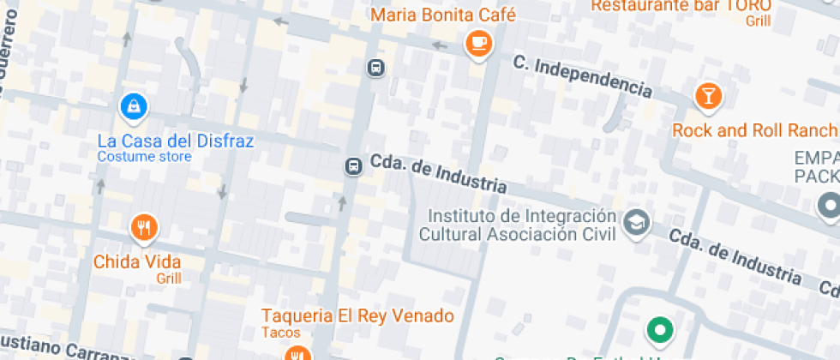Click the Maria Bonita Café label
(x=443, y=15)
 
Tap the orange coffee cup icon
(x=477, y=43)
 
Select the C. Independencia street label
(x=582, y=75)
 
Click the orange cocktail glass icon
(x=708, y=96)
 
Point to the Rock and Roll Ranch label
(x=754, y=130)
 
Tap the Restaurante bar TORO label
(x=681, y=6)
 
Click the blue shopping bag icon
(x=134, y=106)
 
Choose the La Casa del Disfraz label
(x=175, y=141)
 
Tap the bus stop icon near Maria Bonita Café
(x=375, y=67)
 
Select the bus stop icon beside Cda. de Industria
(x=353, y=165)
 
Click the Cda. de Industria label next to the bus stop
(x=436, y=171)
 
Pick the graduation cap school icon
(x=636, y=222)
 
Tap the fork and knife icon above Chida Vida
(x=144, y=228)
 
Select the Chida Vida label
(x=137, y=261)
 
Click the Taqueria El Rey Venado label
(x=357, y=316)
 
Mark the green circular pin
(x=659, y=330)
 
